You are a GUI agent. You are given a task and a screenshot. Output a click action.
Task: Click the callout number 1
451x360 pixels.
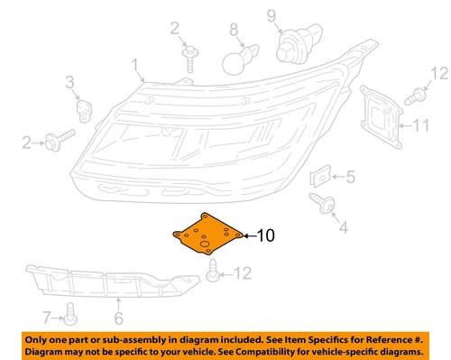pos(135,65)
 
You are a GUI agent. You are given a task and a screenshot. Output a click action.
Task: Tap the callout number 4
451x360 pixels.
pos(343,228)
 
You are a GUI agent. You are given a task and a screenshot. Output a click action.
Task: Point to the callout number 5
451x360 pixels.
pos(351,177)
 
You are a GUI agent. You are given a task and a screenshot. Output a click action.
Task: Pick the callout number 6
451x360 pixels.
pos(118,318)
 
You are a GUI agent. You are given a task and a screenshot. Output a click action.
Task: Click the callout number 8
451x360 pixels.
pos(234,15)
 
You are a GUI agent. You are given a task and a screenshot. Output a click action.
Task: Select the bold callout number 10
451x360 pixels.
pos(267,237)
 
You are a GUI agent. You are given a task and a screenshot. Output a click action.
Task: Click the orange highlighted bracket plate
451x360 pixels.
pos(207,237)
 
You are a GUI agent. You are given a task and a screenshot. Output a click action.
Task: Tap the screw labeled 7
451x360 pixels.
pos(71,317)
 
